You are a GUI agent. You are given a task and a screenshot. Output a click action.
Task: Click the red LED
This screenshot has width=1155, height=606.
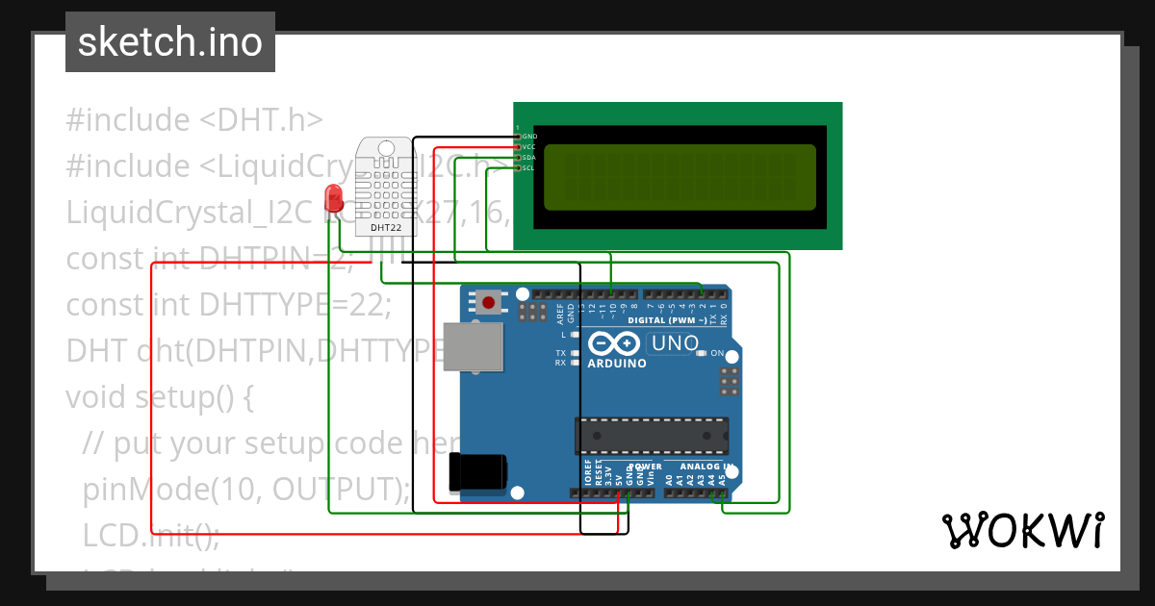click(334, 197)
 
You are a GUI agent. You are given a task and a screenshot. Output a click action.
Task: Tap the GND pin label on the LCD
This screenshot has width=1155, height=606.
click(529, 137)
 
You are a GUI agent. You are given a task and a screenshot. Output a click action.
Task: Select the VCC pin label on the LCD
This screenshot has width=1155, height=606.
click(529, 147)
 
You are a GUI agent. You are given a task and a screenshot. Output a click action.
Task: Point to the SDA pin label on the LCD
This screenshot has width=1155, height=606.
click(529, 158)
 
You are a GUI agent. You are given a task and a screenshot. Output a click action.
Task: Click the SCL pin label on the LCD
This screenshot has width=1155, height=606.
click(529, 168)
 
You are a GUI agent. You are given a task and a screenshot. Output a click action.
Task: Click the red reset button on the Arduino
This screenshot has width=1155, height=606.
click(489, 303)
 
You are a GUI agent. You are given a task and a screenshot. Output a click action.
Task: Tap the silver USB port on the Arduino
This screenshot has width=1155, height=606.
click(473, 346)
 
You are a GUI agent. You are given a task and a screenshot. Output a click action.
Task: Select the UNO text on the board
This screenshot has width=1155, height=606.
click(675, 343)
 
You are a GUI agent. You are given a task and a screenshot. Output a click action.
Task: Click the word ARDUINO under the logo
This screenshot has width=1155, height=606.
click(617, 364)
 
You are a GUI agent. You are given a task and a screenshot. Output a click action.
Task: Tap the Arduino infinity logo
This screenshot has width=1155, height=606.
click(613, 343)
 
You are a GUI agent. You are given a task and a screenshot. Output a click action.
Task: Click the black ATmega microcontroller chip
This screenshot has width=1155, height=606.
click(652, 435)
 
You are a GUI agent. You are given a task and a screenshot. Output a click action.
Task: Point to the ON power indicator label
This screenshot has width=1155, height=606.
click(716, 353)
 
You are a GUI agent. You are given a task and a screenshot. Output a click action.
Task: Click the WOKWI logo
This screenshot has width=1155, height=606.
click(1022, 530)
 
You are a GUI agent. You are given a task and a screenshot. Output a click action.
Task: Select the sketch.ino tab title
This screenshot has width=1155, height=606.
click(170, 42)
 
